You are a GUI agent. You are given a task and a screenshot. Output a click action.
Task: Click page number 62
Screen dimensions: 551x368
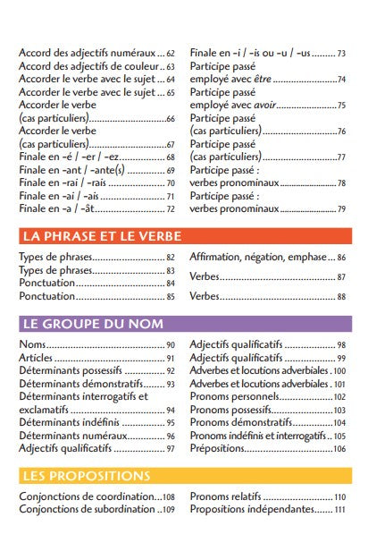171,54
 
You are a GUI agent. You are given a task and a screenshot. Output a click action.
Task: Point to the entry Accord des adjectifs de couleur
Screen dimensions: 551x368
88,66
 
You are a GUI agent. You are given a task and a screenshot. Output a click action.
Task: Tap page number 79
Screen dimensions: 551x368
341,209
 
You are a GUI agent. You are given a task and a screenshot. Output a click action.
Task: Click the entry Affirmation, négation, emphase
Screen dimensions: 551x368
260,258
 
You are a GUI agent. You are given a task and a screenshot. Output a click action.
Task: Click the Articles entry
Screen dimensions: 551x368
37,358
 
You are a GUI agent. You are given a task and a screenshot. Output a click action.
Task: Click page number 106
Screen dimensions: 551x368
339,448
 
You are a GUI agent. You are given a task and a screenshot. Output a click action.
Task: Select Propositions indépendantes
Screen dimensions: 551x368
252,509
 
